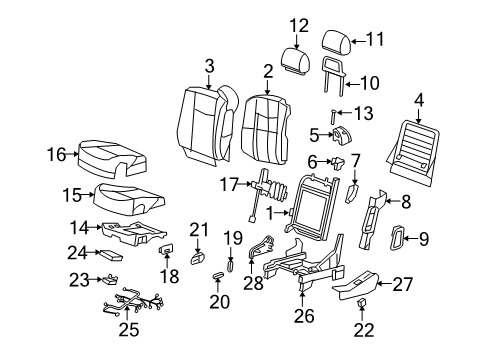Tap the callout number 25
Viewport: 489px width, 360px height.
pos(127,329)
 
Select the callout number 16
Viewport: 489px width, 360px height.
pos(57,154)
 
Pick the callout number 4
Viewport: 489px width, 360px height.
pos(418,100)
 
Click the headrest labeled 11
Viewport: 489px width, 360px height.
pos(335,42)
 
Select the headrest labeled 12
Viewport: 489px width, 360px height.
pos(293,58)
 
